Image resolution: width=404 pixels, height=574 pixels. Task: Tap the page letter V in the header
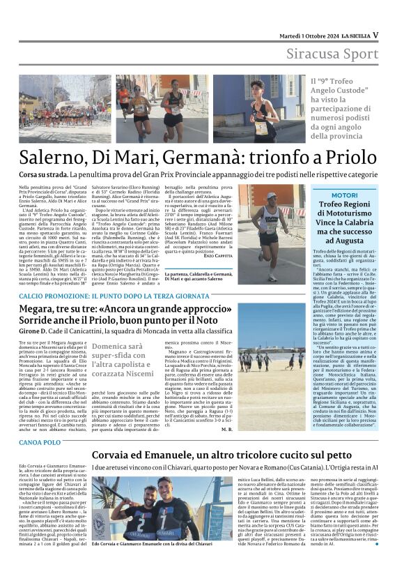tap(375, 34)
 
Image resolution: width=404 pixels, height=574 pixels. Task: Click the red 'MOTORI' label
tap(344, 195)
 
